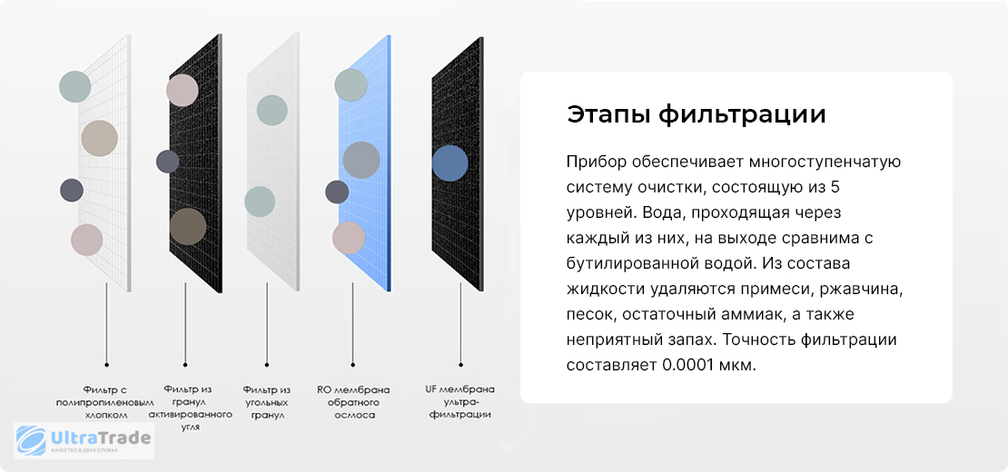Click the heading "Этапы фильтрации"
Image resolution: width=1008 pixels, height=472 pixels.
pos(696,115)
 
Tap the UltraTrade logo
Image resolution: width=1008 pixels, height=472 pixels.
pos(84,440)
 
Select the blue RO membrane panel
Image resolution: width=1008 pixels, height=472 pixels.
pos(364,163)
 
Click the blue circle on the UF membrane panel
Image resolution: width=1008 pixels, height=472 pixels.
pos(450,162)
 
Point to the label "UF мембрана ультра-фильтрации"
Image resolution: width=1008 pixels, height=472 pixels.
pos(460,401)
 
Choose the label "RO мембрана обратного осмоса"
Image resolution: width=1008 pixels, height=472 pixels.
pos(353,402)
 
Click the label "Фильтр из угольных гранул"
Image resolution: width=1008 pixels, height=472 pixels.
pos(267,402)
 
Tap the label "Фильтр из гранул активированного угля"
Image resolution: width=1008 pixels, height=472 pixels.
pos(191,408)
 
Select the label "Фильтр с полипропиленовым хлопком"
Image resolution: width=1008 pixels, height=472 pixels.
pos(106,402)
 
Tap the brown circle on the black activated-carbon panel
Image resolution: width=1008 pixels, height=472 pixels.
pos(188,226)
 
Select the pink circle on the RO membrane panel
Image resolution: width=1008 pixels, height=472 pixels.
pos(349,238)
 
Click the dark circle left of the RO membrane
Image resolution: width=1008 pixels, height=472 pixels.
pos(337,192)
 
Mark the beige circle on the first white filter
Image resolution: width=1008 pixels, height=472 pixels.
pos(100,138)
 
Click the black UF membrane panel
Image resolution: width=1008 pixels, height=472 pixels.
pos(457,163)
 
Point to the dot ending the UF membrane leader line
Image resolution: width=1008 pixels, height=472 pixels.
pos(460,364)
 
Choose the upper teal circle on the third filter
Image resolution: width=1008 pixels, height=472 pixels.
pos(272,111)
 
